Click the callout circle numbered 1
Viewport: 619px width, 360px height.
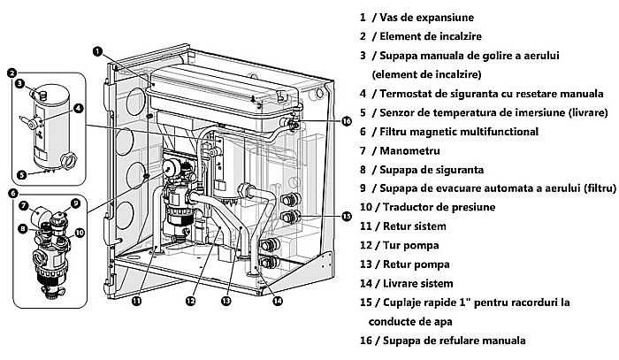pos(97,52)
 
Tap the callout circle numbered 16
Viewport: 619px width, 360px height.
pos(347,120)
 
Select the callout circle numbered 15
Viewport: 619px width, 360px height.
pos(347,217)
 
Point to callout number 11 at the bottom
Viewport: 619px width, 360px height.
pos(136,301)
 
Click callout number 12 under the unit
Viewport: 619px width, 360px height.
pos(189,301)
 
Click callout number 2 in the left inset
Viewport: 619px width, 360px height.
pos(11,73)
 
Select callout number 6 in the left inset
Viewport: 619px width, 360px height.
pos(11,193)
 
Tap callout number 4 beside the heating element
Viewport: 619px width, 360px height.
pos(79,109)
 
